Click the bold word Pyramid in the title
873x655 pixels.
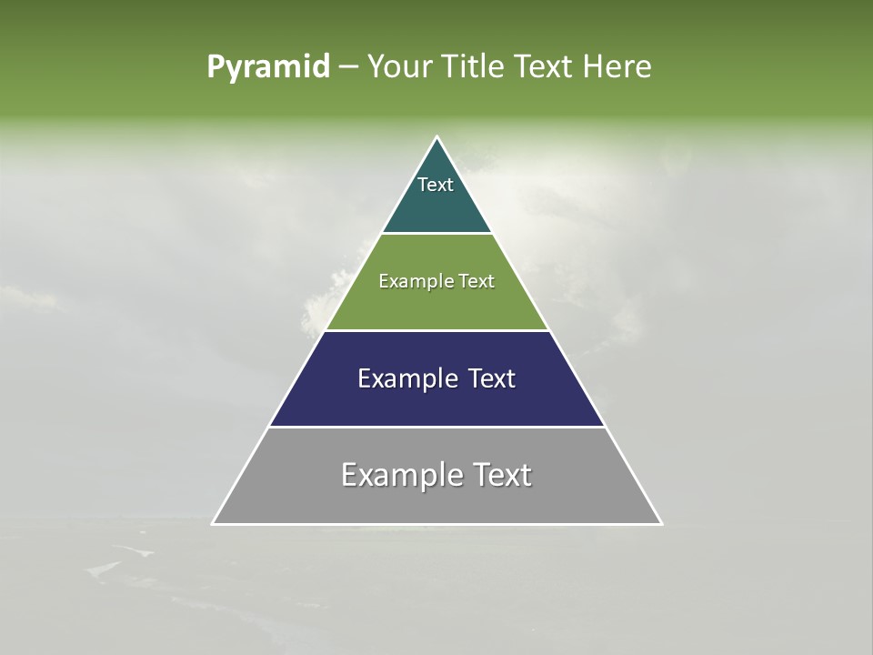click(268, 67)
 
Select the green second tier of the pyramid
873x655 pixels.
click(436, 305)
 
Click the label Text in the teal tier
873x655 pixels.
click(436, 185)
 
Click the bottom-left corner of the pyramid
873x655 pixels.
click(214, 523)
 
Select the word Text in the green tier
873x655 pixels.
click(477, 282)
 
